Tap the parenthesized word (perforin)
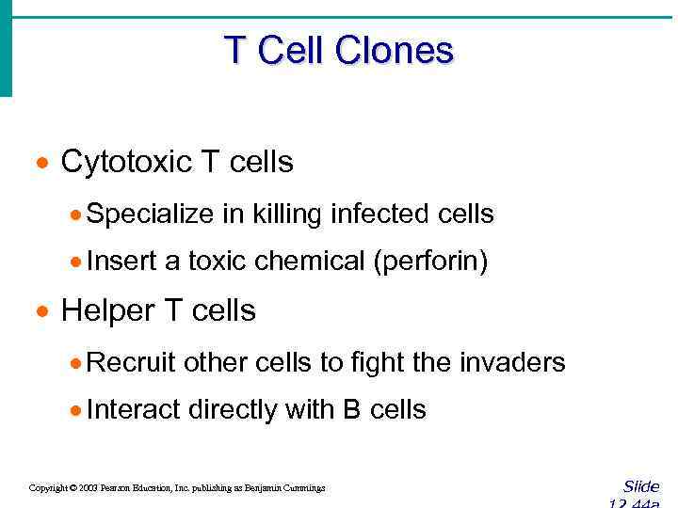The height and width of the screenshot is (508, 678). pos(430,262)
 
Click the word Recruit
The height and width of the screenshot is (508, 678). pos(132,362)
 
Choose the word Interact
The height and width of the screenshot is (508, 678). pos(135,410)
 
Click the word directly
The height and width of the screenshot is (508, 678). pos(234,410)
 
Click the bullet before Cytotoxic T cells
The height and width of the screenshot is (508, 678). pos(41,164)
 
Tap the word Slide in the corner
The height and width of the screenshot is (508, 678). pos(641,486)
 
